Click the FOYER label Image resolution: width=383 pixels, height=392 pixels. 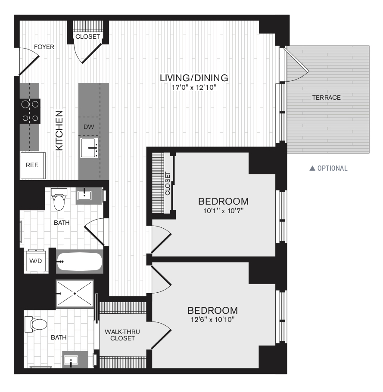(44, 47)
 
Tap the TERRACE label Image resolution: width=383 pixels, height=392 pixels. (327, 98)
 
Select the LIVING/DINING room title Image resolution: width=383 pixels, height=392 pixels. (194, 78)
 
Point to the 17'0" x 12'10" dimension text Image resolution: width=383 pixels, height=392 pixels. (194, 88)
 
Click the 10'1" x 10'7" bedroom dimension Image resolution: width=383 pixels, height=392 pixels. (223, 211)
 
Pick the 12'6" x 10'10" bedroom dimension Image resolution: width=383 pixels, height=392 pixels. (212, 319)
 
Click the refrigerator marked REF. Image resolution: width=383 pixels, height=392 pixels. (33, 165)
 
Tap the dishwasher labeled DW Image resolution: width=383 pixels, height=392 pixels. (89, 127)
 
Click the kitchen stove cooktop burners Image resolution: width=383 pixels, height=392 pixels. (30, 111)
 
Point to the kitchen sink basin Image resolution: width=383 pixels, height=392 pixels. (89, 148)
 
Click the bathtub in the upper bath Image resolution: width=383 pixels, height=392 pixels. (79, 261)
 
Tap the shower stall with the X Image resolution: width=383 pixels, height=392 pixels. (75, 294)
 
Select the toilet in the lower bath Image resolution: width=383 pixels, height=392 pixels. (36, 324)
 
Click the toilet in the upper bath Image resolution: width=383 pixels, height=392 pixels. (59, 199)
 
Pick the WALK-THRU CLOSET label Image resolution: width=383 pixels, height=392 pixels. (122, 335)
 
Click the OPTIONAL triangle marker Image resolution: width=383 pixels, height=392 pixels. (312, 168)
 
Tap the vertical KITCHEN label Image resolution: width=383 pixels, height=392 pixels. (59, 131)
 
